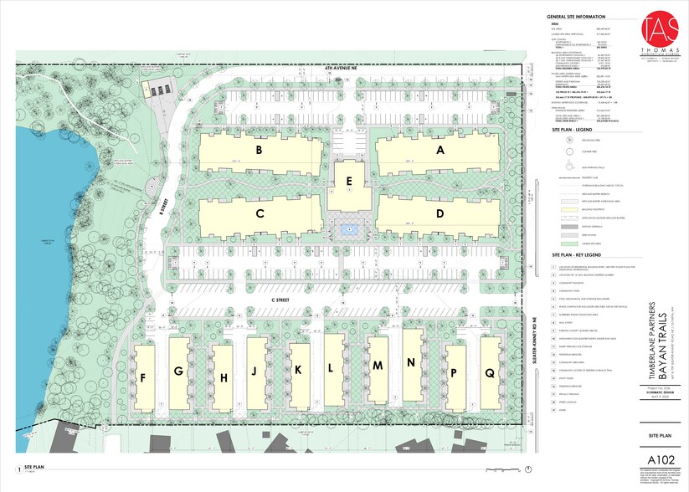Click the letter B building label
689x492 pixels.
click(x=260, y=151)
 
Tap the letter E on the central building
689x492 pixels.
click(x=349, y=180)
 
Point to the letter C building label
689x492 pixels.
click(x=260, y=214)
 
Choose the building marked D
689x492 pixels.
click(x=440, y=213)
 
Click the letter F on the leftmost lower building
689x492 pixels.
click(x=145, y=377)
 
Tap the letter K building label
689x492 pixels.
click(x=299, y=369)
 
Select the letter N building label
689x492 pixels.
click(x=411, y=362)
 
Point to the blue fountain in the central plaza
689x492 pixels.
click(x=349, y=228)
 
